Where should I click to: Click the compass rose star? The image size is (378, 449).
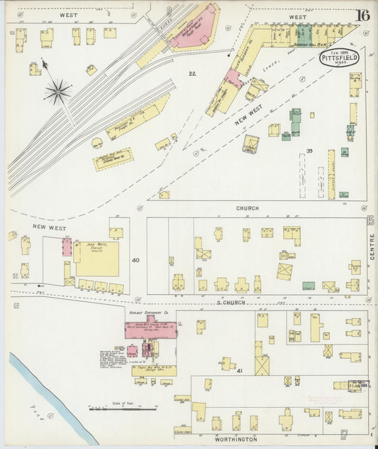point(57,90)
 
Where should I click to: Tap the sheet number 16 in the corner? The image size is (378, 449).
point(362,15)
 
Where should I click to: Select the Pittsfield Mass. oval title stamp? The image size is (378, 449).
point(338,58)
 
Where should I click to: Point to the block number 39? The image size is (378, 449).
point(309,151)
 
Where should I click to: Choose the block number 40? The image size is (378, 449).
point(135,260)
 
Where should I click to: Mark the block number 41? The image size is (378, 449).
point(240,371)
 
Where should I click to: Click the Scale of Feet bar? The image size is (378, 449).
point(122,408)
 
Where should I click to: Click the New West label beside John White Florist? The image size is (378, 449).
point(48,227)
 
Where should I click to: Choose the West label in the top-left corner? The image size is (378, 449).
point(68,13)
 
